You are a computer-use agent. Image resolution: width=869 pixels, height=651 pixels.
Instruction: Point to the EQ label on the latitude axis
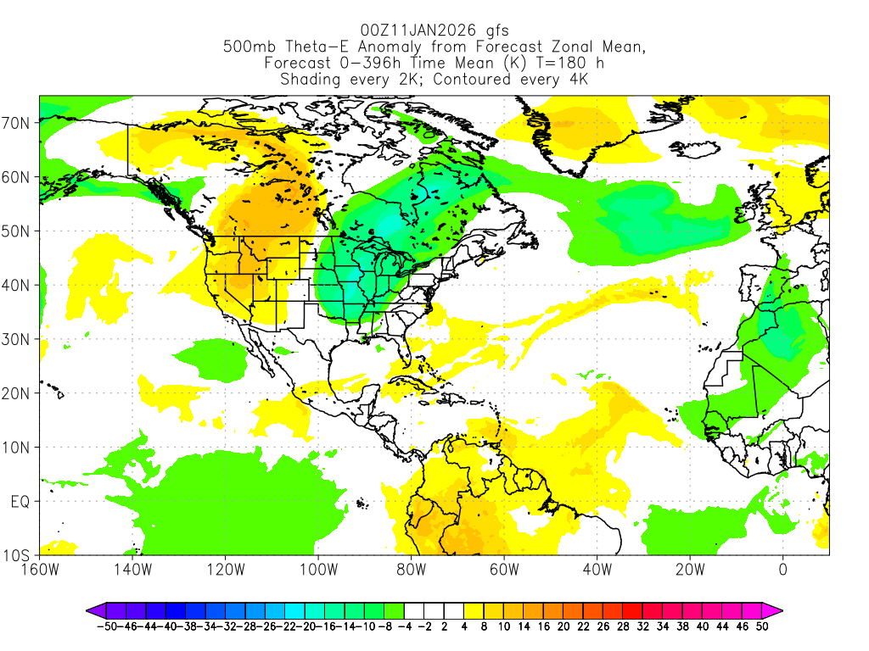(20, 502)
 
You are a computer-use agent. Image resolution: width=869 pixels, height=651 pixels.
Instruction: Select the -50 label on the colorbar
(106, 626)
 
